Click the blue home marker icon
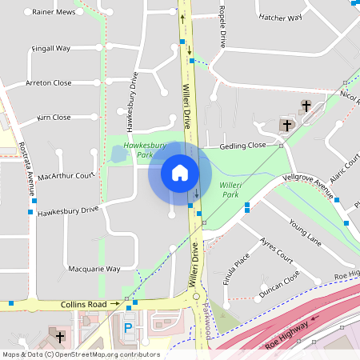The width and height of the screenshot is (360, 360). click(x=180, y=173)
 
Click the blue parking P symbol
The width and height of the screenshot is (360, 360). click(x=127, y=328)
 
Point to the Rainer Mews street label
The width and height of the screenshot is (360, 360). click(x=54, y=13)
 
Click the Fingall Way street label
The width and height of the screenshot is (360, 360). click(x=52, y=48)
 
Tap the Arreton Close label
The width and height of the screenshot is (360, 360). click(x=49, y=82)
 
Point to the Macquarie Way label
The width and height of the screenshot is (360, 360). click(x=94, y=269)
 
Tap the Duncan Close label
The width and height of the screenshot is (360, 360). click(x=279, y=285)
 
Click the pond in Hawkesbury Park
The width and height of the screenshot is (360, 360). click(x=118, y=154)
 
